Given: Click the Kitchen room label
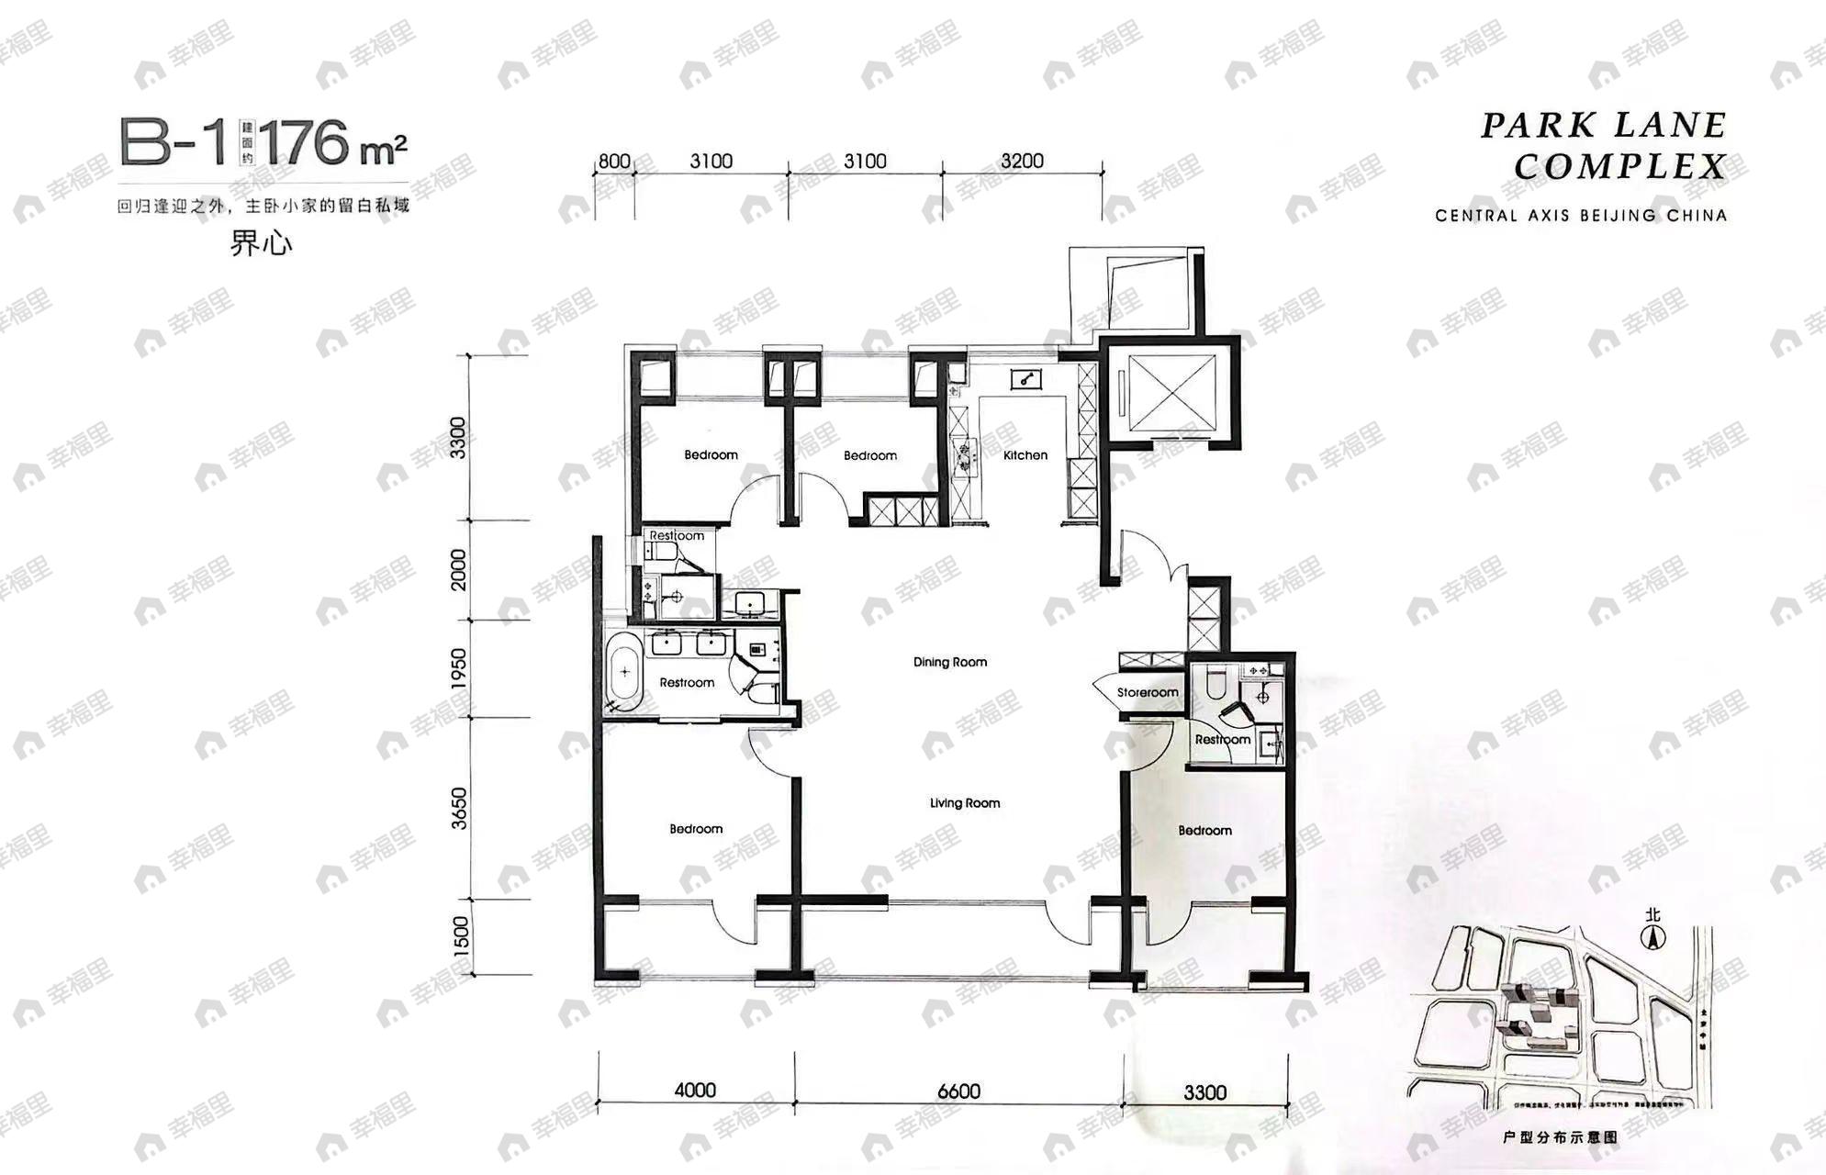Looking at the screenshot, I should click(x=1025, y=455).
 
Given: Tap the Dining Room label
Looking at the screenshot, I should click(x=950, y=662).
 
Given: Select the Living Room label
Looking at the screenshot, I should click(x=964, y=803).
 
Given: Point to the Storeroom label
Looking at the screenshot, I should click(x=1147, y=693).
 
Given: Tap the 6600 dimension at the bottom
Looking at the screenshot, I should click(x=958, y=1091).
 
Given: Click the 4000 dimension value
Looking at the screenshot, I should click(x=695, y=1091).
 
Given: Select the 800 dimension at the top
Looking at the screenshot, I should click(x=614, y=162).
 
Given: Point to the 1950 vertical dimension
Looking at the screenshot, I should click(x=459, y=668).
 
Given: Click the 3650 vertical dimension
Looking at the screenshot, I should click(x=459, y=809).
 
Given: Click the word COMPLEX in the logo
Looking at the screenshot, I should click(x=1619, y=167).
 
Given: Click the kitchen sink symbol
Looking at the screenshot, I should click(x=1025, y=379).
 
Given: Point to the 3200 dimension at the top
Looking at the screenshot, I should click(x=1022, y=162).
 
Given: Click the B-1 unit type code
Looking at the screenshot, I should click(x=173, y=143).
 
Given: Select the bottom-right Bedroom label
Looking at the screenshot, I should click(x=1204, y=831).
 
